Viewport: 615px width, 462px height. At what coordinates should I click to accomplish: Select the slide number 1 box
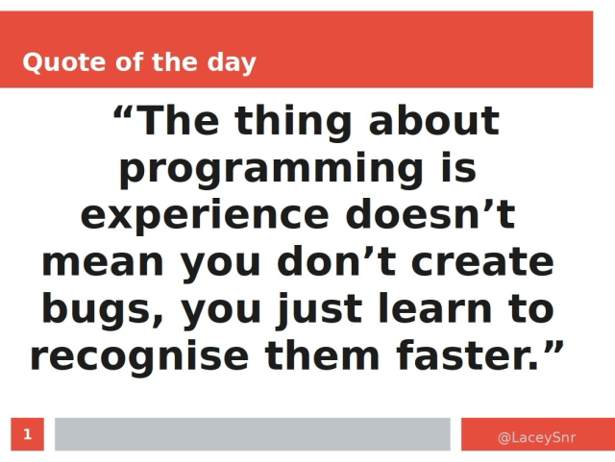click(28, 434)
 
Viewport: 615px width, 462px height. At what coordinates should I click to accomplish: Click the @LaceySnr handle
click(536, 438)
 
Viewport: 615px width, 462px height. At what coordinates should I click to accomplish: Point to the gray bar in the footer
click(252, 434)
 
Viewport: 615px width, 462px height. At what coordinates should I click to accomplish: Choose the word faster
click(456, 355)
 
